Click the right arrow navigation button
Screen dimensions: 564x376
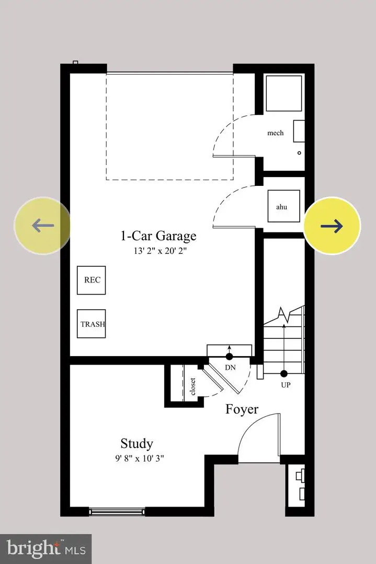[332, 226]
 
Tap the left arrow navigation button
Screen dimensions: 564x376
[42, 226]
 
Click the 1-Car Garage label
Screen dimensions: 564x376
[158, 236]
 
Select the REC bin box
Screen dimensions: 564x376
[92, 280]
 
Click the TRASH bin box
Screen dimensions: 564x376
[92, 324]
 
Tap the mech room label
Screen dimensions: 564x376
[275, 133]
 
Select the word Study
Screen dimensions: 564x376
[136, 444]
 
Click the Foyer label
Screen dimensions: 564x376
[242, 409]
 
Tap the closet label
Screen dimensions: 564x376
[192, 386]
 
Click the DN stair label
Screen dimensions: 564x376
[230, 368]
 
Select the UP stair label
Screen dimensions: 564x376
[286, 385]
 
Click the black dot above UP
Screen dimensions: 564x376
[284, 373]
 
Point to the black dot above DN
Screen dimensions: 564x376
[229, 357]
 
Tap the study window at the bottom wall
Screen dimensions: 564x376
[117, 511]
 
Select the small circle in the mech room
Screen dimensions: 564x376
[299, 153]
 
